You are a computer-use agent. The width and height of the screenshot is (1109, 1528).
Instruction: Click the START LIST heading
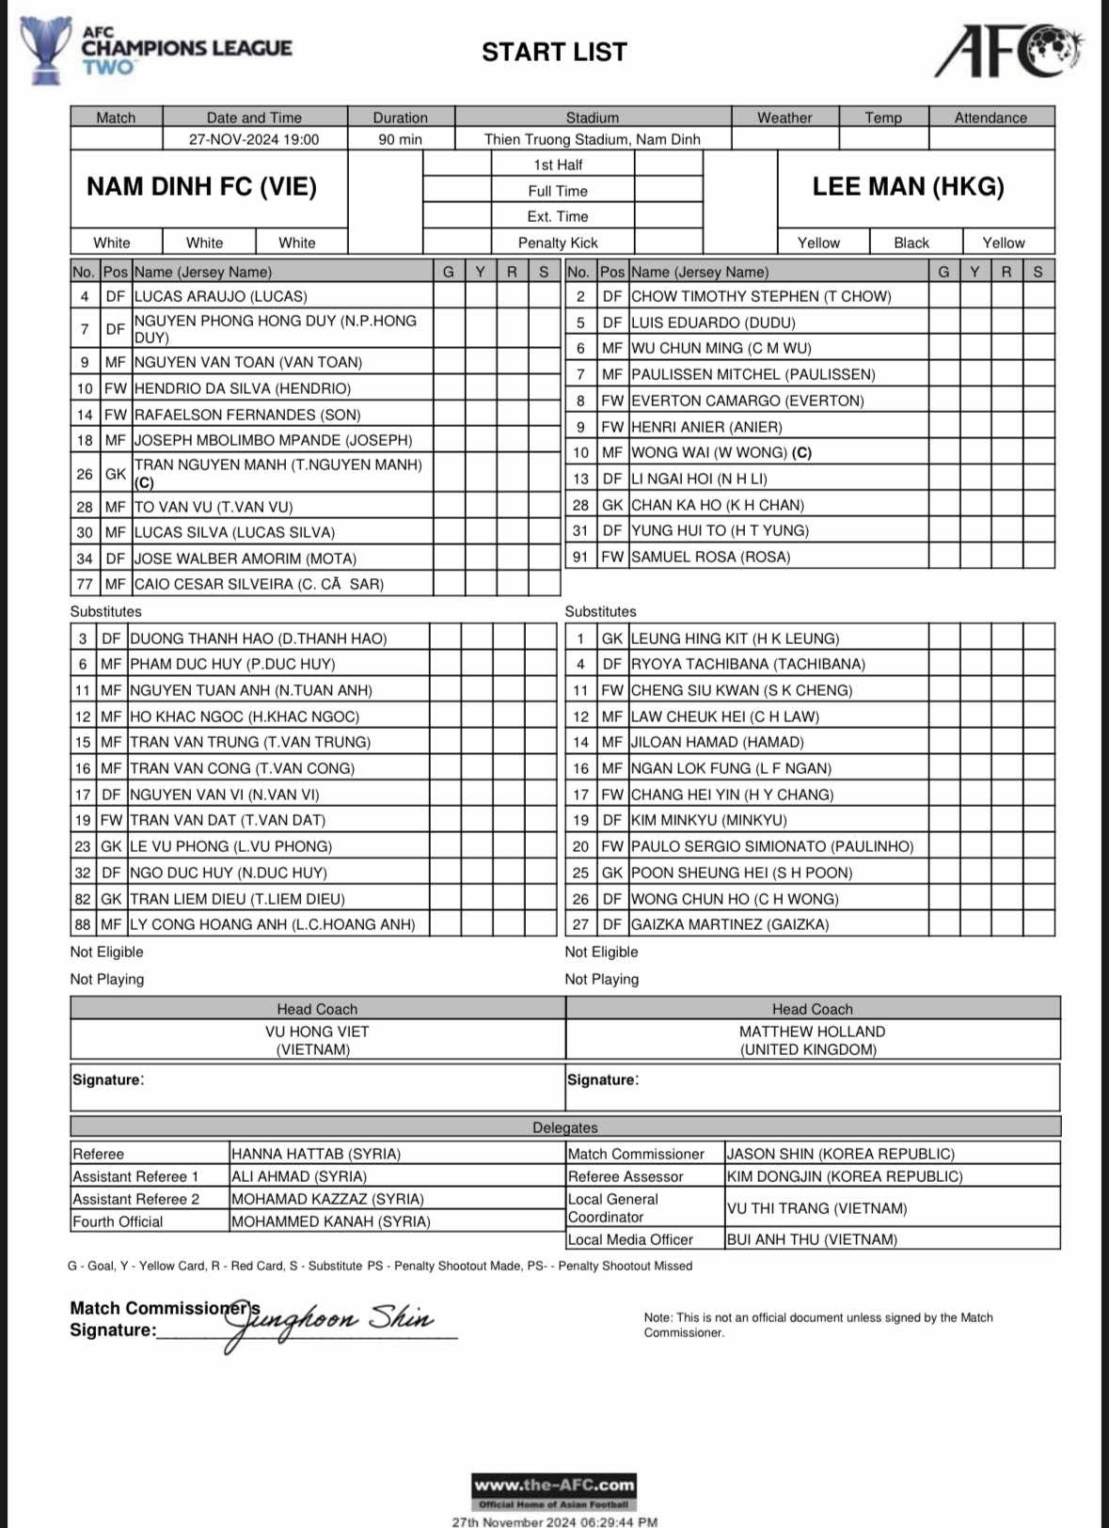coord(554,52)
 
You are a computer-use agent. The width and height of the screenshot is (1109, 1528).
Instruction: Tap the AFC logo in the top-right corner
coord(1007,51)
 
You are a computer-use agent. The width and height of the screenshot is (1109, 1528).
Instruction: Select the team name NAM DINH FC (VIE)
coord(201,186)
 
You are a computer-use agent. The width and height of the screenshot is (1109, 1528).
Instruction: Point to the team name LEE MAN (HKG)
coord(908,186)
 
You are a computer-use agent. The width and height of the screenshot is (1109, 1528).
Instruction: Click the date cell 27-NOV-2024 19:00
coord(254,139)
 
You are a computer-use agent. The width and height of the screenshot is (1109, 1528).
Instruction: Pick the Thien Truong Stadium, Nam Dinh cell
coord(592,139)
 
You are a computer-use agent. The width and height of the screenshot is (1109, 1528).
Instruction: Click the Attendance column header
coord(990,118)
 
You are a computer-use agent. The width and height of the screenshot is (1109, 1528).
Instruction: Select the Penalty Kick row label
coord(558,243)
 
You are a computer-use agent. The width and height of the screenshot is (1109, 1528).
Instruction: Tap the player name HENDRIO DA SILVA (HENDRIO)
coord(243,388)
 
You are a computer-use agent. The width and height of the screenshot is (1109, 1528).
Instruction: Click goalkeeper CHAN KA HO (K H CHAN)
coord(717,505)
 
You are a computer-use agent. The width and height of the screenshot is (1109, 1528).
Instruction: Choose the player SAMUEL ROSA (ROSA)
coord(710,557)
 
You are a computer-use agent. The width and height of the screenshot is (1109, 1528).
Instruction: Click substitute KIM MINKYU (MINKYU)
coord(708,820)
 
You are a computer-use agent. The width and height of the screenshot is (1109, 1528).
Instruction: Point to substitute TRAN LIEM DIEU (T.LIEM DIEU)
coord(237,899)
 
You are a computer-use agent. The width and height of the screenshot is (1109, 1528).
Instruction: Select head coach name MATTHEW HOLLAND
coord(812,1032)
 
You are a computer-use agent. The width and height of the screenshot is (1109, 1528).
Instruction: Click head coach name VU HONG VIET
coord(317,1032)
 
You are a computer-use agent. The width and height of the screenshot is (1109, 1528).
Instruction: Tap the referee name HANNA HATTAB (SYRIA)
coord(316,1154)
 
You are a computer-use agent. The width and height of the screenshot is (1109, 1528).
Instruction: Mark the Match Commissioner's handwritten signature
coord(329,1321)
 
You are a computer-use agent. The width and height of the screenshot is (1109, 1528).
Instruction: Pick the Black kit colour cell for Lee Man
coord(911,243)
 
